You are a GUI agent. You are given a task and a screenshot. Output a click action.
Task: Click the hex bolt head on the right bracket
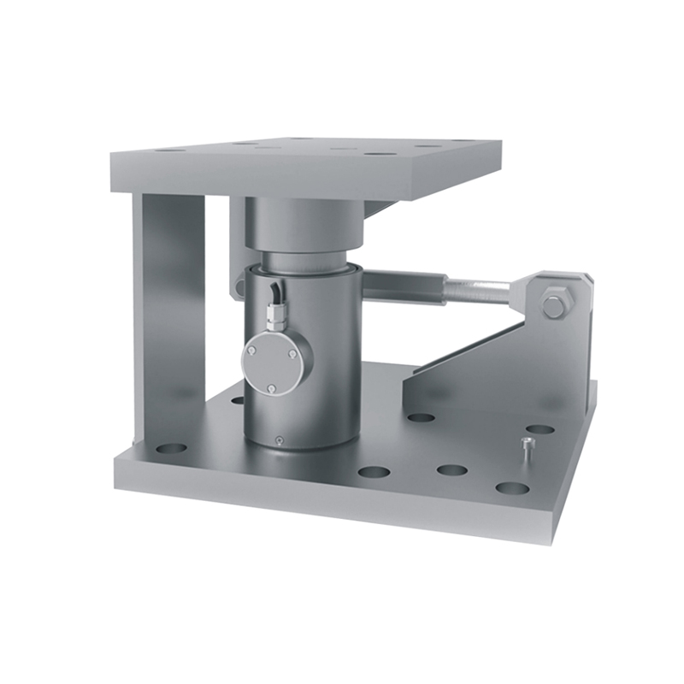tap(553, 303)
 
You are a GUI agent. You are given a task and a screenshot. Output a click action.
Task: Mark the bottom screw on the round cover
tap(271, 390)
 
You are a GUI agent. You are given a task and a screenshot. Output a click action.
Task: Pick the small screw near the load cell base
tap(279, 439)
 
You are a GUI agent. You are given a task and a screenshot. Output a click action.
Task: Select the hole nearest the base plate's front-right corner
tap(511, 488)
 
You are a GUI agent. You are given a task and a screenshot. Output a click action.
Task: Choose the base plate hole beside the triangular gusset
tap(421, 418)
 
